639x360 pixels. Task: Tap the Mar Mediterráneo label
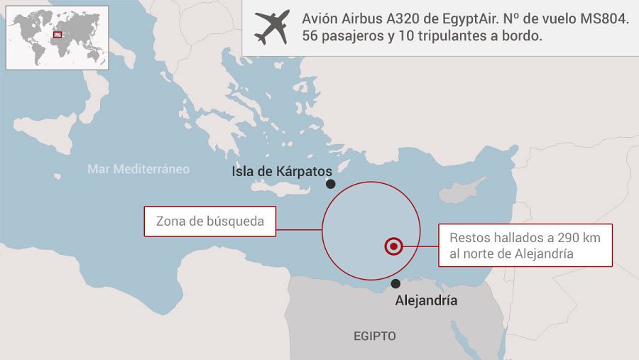pos(138,169)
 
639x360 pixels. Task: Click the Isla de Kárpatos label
pos(282,173)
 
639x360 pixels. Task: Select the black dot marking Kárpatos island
pos(330,184)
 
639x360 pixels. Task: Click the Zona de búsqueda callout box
pos(209,221)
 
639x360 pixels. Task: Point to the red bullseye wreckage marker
pos(393,246)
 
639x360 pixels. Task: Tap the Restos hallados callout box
pos(525,246)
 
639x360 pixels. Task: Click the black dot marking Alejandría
pos(395,283)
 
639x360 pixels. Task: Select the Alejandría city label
pos(425,301)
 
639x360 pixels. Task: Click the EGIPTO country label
pos(375,336)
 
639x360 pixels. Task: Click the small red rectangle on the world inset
pos(58,34)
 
